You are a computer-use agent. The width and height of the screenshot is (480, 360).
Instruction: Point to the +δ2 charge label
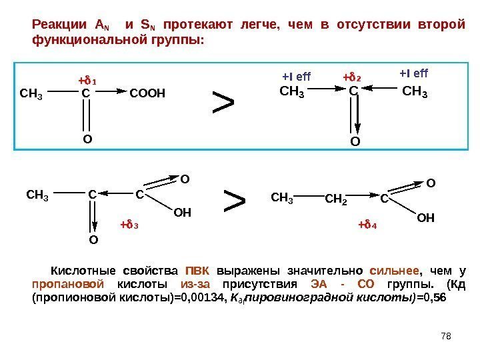[351, 77]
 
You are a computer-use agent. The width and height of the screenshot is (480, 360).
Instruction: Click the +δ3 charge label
[129, 224]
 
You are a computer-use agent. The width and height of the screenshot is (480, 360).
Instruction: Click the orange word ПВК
[196, 271]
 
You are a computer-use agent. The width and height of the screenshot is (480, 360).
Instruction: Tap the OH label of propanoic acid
[425, 218]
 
